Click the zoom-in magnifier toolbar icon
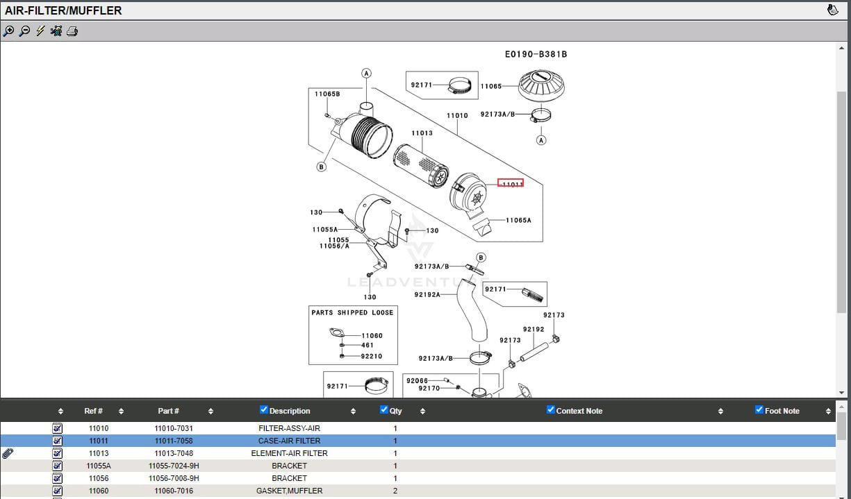(x=8, y=31)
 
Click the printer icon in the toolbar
(x=72, y=31)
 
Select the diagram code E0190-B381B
(x=536, y=54)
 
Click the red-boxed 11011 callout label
(x=511, y=183)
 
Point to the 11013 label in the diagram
(x=422, y=133)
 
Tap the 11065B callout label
(x=327, y=94)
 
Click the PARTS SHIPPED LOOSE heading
(x=352, y=312)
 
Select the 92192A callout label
(x=427, y=294)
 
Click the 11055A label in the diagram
(x=324, y=230)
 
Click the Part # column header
(x=168, y=411)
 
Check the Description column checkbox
(x=263, y=409)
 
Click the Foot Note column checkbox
(x=759, y=409)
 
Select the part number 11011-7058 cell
(x=174, y=441)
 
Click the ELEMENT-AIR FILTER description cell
(x=289, y=453)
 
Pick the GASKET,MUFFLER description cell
(x=289, y=491)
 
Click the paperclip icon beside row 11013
(x=8, y=453)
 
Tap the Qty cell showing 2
(x=395, y=491)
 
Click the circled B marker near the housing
(x=321, y=167)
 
